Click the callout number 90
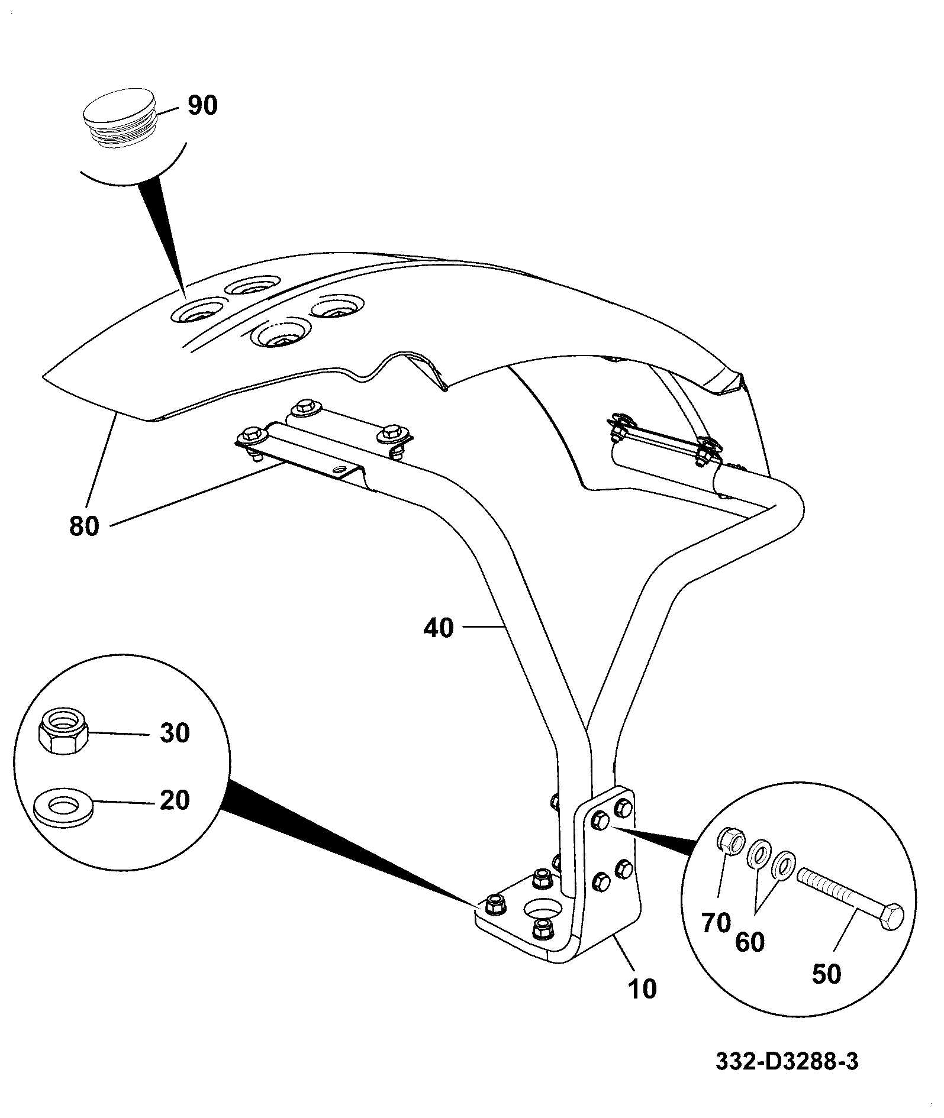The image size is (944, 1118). click(x=202, y=105)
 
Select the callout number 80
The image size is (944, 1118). click(x=84, y=526)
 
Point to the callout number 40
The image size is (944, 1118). click(x=438, y=628)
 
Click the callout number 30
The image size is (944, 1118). click(x=175, y=734)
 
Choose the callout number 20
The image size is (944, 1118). click(x=175, y=800)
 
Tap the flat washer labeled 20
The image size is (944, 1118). click(x=63, y=807)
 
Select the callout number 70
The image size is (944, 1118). click(x=716, y=922)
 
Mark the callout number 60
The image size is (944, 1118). click(x=750, y=942)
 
